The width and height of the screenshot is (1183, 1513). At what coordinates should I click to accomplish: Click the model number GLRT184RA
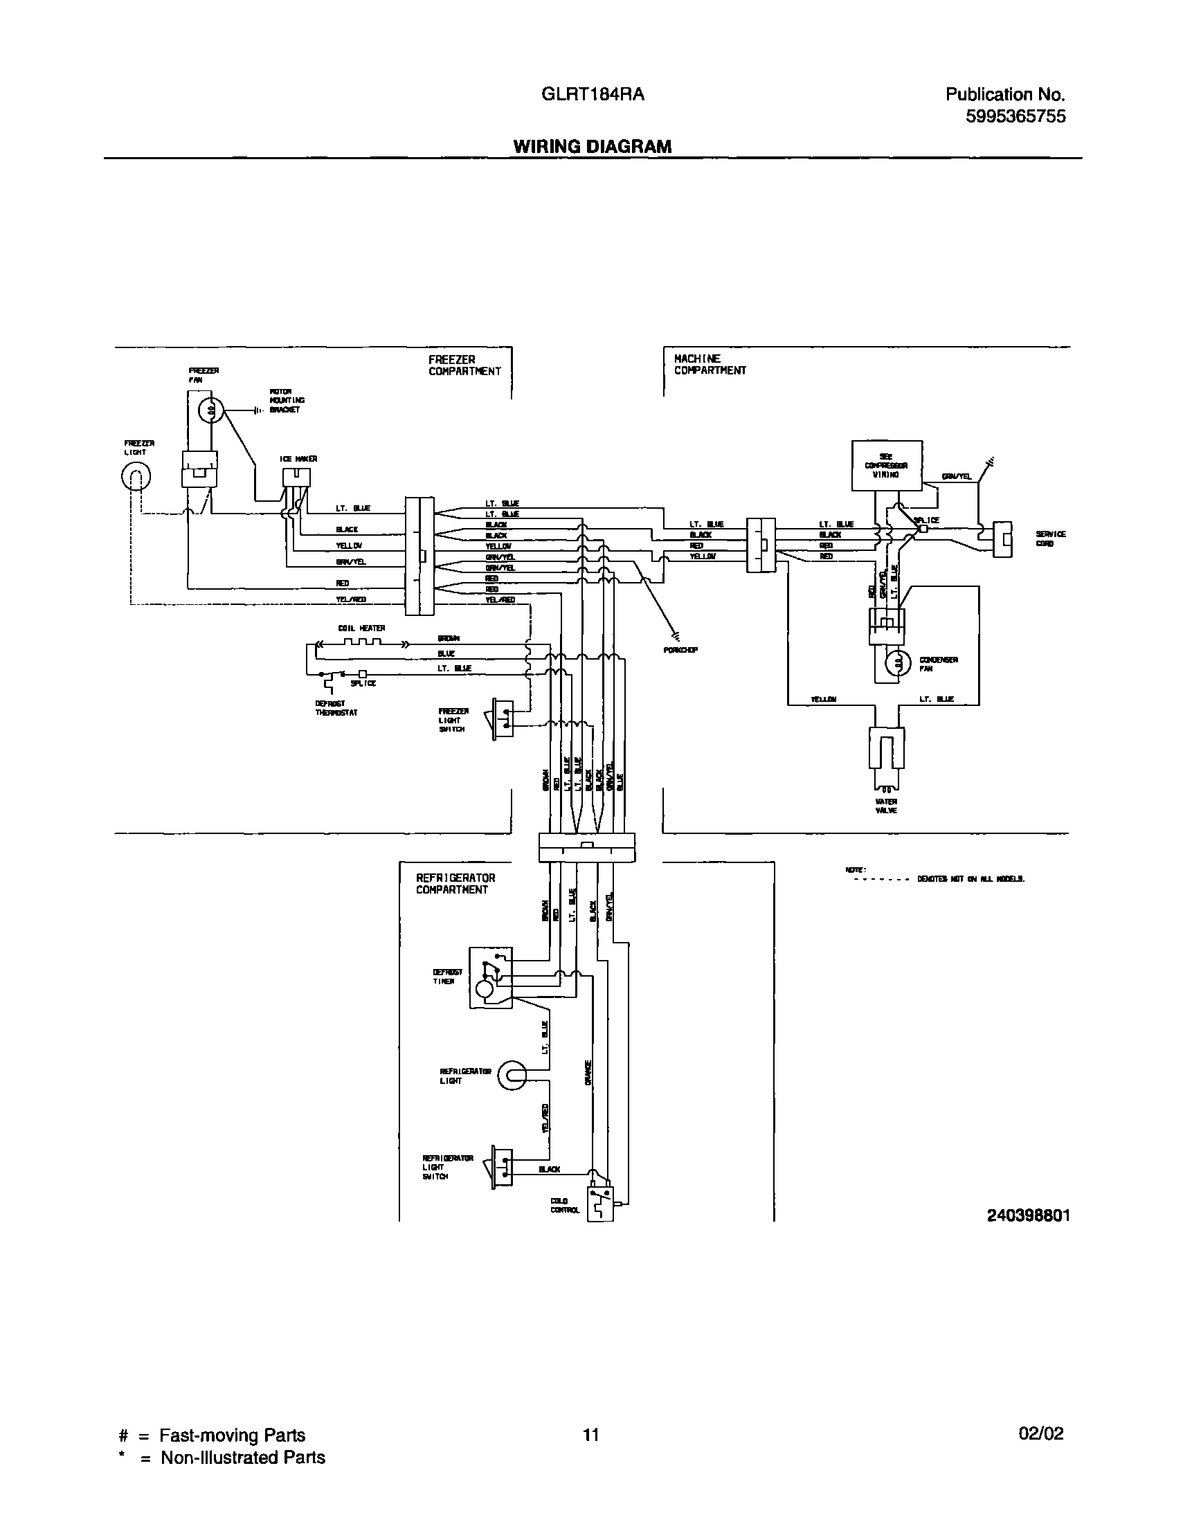point(593,94)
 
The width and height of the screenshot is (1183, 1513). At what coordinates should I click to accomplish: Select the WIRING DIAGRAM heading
point(592,146)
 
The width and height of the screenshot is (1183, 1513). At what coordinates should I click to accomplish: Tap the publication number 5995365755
point(1015,116)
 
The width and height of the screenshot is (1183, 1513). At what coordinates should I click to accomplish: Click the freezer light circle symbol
point(136,476)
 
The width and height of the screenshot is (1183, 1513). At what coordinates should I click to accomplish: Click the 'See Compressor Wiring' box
point(886,465)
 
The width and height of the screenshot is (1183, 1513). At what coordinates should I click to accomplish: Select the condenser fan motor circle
point(899,664)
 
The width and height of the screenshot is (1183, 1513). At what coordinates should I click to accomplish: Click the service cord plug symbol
point(1002,538)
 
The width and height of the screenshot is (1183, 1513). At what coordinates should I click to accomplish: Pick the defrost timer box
point(490,977)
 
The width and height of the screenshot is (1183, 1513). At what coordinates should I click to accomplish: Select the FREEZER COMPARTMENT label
point(464,365)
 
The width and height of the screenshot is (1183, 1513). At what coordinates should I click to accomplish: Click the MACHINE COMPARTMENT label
point(710,364)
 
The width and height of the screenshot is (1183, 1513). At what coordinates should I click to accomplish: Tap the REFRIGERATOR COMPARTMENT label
point(455,883)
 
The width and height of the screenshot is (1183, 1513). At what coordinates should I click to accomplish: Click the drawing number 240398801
point(1028,1215)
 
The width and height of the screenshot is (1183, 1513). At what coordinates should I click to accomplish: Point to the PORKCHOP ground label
point(680,650)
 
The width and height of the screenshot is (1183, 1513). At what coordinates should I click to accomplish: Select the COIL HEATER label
point(361,628)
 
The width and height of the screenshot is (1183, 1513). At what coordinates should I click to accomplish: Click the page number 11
point(590,1433)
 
